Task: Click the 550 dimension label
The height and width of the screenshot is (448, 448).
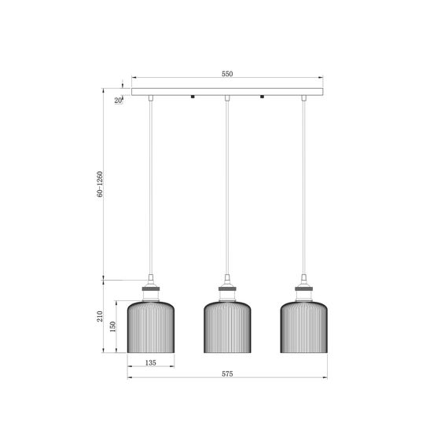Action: coord(227,74)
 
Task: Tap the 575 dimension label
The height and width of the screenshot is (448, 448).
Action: coord(227,373)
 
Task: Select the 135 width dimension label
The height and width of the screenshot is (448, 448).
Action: coord(151,362)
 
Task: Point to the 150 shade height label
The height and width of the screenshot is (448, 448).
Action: coord(113,327)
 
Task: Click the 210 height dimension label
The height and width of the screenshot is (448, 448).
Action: coord(100,316)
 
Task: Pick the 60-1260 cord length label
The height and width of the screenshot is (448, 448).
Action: coord(100,184)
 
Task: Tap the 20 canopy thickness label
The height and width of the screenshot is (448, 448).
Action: coord(118,101)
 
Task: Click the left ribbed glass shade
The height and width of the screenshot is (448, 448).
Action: coord(151,327)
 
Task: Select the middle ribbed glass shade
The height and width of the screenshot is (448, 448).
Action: coord(227,327)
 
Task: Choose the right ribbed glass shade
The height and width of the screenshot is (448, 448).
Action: coord(303,327)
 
